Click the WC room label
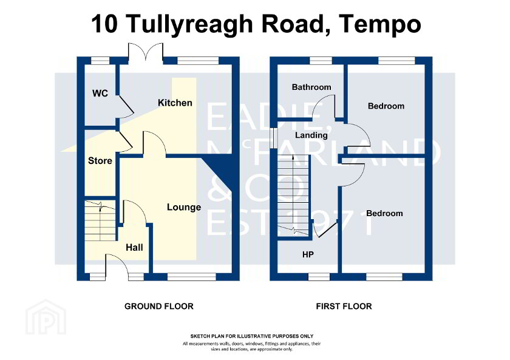pos(100,93)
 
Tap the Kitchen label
pos(175,103)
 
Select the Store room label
pos(100,161)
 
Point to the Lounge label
pos(184,208)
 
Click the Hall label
pos(134,248)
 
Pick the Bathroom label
pos(311,87)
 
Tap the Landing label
pos(311,135)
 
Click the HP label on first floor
pos(308,254)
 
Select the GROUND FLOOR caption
pos(158,307)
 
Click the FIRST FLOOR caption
pos(344,307)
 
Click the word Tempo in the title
pos(380,25)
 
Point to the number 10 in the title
pos(104,24)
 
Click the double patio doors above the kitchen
pos(145,52)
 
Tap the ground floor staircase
pos(100,221)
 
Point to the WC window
pos(100,61)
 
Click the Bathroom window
pos(321,61)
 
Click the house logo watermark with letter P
pos(46,317)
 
